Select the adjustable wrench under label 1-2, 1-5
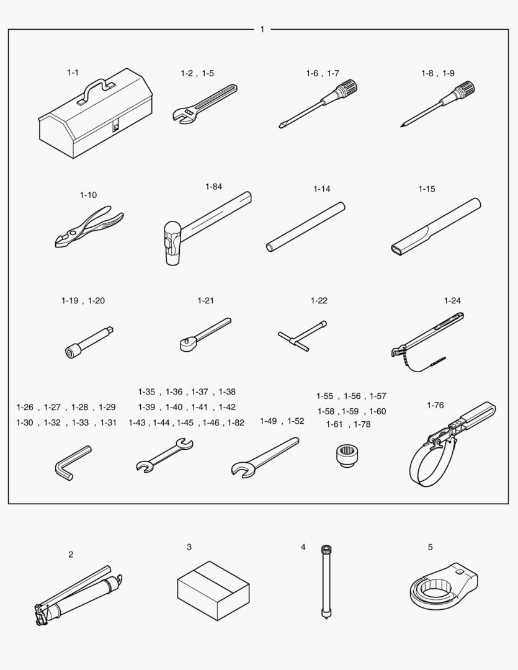205,104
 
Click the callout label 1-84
213,186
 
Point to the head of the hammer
172,243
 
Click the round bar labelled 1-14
306,227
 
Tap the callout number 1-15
427,189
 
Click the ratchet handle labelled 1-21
205,334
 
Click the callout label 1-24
452,300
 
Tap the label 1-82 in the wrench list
236,422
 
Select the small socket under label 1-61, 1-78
347,455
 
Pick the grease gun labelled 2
79,596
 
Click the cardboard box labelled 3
213,591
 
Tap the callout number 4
303,547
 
